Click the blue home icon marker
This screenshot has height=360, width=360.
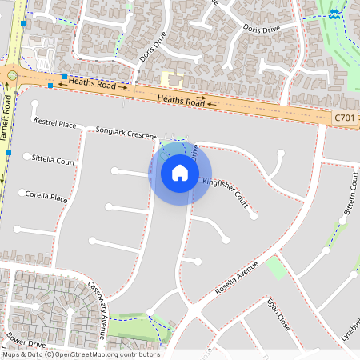point(180,173)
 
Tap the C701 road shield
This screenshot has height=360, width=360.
point(344,118)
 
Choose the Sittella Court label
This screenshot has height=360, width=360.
point(54,160)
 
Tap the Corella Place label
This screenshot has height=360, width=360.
point(46,195)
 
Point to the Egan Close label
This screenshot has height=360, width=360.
point(278,312)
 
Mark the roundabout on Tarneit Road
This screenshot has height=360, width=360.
point(12,75)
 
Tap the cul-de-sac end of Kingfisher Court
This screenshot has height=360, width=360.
point(254,215)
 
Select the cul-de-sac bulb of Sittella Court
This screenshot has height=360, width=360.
point(26,156)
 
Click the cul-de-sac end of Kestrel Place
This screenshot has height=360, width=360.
point(34,104)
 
